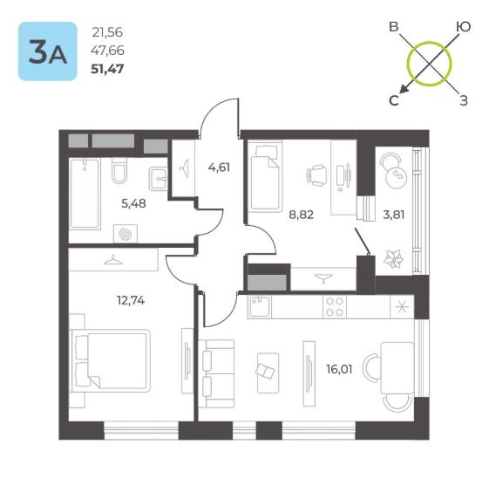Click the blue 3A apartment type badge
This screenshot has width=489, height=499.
48,51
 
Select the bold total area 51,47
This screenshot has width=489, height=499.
107,69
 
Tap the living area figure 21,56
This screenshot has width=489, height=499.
107,32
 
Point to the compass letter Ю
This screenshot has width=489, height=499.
463,27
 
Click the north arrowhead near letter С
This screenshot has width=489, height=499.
404,90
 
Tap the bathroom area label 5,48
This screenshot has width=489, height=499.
133,203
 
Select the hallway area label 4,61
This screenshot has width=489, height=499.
219,167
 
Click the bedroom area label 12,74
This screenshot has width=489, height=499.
131,300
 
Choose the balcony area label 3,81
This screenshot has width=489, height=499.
394,215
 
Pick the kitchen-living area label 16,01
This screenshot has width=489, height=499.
339,370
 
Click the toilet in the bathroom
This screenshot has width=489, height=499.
119,171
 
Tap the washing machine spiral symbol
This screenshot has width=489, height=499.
126,234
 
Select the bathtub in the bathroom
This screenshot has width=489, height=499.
85,194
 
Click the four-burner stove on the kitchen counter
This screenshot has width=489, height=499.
335,306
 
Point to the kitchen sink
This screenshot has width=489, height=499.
260,306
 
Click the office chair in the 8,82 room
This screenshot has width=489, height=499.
316,175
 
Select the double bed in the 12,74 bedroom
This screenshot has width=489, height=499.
110,361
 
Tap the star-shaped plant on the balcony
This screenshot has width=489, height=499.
393,259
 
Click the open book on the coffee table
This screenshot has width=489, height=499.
265,372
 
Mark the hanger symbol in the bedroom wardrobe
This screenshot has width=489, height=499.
113,260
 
